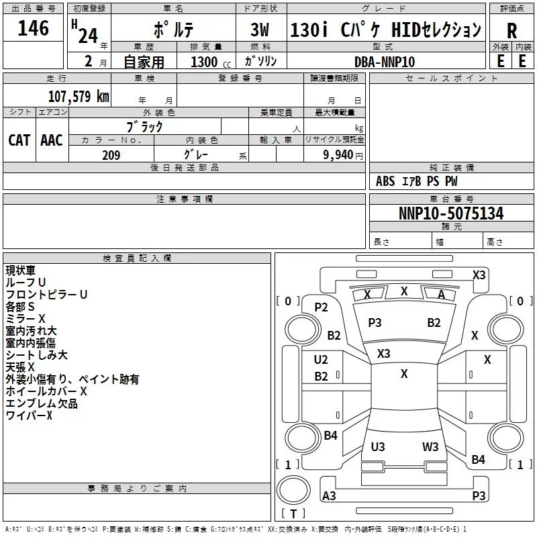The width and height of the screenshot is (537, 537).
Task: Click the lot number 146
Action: coord(34,29)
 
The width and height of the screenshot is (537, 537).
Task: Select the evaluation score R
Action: coord(511,31)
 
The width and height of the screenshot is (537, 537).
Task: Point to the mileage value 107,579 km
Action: coord(79,96)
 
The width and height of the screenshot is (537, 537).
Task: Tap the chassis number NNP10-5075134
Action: coord(451,213)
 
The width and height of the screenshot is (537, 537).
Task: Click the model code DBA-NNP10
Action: coord(385,62)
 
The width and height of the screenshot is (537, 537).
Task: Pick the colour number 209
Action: coord(111,155)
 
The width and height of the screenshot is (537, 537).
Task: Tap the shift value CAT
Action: coord(19,140)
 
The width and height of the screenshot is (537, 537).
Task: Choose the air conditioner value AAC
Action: coord(52,140)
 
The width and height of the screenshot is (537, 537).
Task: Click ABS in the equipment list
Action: coord(385,181)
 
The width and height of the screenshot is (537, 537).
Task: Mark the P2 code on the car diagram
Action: coord(322,307)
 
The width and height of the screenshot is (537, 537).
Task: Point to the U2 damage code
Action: coord(322,360)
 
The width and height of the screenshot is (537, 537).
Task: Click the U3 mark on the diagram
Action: coord(378,446)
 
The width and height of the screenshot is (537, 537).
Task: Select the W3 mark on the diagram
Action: coord(430,446)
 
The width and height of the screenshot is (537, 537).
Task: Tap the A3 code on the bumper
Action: coord(330,496)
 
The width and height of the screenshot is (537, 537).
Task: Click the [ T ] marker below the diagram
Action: coord(293,514)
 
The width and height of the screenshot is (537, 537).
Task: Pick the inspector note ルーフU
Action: coord(26,283)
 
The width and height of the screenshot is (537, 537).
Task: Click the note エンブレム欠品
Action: coord(42,403)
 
